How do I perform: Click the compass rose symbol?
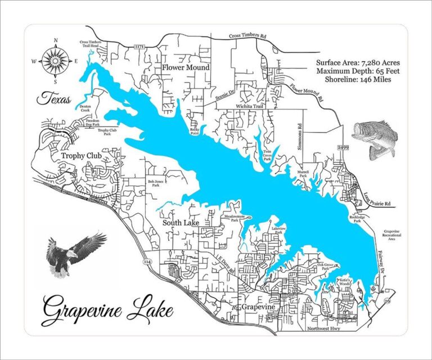pyautogui.click(x=55, y=60)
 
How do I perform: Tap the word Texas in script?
pyautogui.click(x=54, y=100)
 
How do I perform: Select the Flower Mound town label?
pyautogui.click(x=186, y=67)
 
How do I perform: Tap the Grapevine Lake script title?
pyautogui.click(x=107, y=310)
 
